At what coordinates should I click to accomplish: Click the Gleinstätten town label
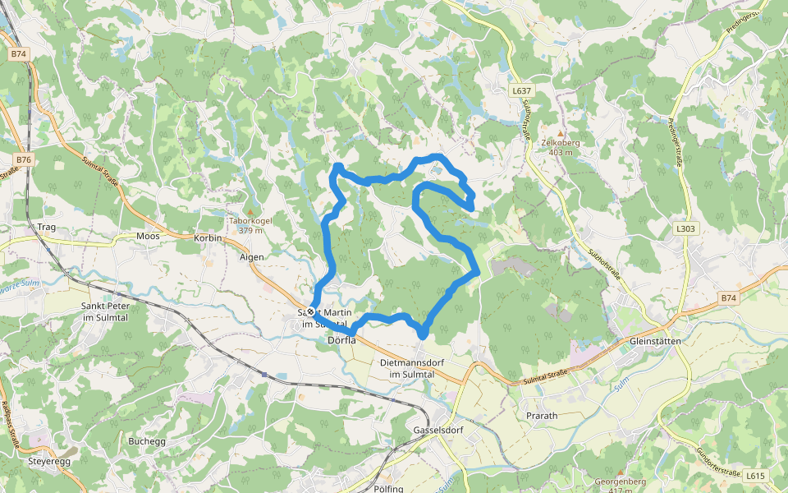(x=657, y=341)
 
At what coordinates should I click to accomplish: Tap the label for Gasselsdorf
(x=439, y=431)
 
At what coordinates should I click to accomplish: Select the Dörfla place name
(x=341, y=339)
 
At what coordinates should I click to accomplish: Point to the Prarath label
(x=541, y=416)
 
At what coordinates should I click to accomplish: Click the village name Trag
(x=47, y=227)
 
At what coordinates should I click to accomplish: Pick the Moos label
(x=148, y=236)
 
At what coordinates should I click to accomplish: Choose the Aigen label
(x=252, y=257)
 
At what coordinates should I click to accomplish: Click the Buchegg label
(x=147, y=441)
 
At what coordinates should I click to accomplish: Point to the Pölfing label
(x=388, y=489)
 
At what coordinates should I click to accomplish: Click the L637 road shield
(x=520, y=90)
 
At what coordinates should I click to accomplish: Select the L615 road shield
(x=755, y=476)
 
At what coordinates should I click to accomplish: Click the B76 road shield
(x=23, y=159)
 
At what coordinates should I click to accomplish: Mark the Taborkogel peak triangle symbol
(x=250, y=211)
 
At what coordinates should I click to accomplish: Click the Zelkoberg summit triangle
(x=561, y=132)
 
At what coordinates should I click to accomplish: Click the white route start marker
(x=311, y=311)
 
